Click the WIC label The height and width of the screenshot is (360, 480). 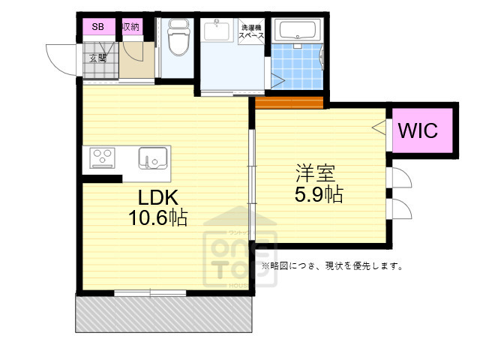(x=417, y=130)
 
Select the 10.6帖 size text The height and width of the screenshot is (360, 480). (x=157, y=218)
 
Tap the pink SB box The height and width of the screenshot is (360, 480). (x=98, y=27)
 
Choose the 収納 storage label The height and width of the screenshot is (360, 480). (x=130, y=27)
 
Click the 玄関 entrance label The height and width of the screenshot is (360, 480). (x=98, y=58)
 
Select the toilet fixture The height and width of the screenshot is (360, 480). (x=177, y=37)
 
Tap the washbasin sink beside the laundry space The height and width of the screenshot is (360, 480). (x=220, y=31)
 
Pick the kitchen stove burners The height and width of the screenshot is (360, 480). (x=101, y=157)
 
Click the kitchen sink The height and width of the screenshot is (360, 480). (x=152, y=157)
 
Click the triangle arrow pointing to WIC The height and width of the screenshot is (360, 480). (x=378, y=127)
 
